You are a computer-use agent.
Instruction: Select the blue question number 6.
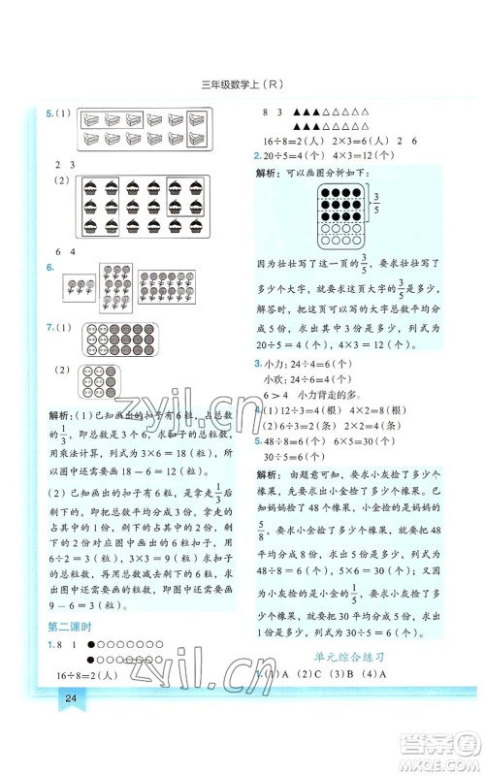(49, 267)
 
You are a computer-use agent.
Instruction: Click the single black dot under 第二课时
(90, 644)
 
